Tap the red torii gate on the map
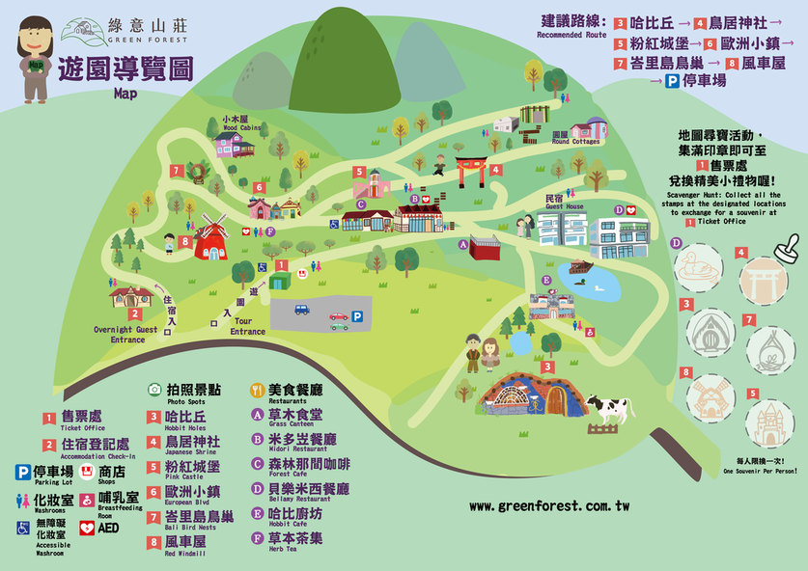tap(471, 171)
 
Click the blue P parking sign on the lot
tap(357, 315)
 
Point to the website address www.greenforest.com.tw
tap(549, 505)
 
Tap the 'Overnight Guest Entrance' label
tap(127, 334)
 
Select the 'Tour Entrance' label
tap(247, 327)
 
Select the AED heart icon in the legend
tap(86, 528)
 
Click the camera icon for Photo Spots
tap(153, 390)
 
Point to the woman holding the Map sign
tap(36, 60)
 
